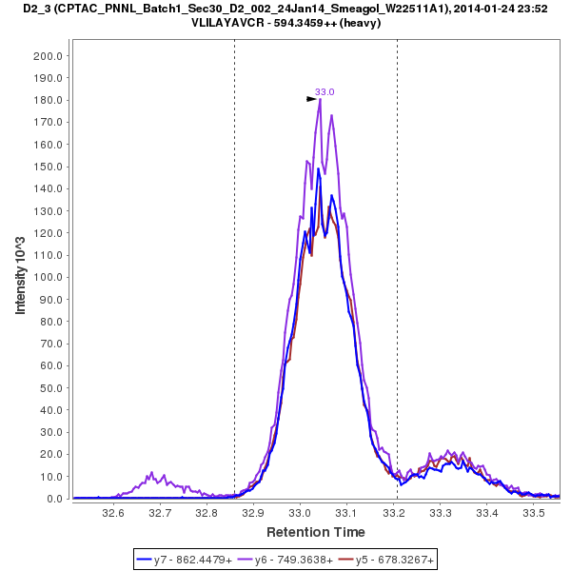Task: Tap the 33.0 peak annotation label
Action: pyautogui.click(x=325, y=92)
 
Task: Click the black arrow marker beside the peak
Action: pyautogui.click(x=311, y=98)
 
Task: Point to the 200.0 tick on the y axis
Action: pyautogui.click(x=48, y=55)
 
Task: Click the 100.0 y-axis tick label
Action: pyautogui.click(x=48, y=277)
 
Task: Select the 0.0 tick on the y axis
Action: pyautogui.click(x=53, y=499)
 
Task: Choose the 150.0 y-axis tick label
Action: pyautogui.click(x=48, y=167)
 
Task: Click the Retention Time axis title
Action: pyautogui.click(x=315, y=532)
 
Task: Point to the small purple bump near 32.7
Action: pyautogui.click(x=150, y=474)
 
